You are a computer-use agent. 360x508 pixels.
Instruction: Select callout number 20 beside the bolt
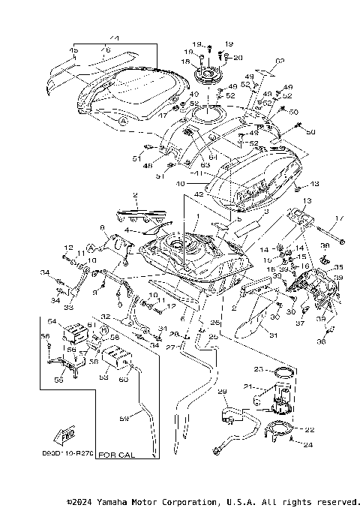click(238, 58)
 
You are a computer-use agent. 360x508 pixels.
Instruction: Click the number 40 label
click(180, 182)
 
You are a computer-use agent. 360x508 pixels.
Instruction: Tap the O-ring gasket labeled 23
click(283, 372)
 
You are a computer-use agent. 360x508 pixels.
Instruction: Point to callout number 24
click(307, 445)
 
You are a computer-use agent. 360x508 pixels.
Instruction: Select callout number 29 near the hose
click(221, 392)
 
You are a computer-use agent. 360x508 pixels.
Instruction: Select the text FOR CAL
click(118, 455)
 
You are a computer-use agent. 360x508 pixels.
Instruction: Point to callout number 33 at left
click(68, 307)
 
